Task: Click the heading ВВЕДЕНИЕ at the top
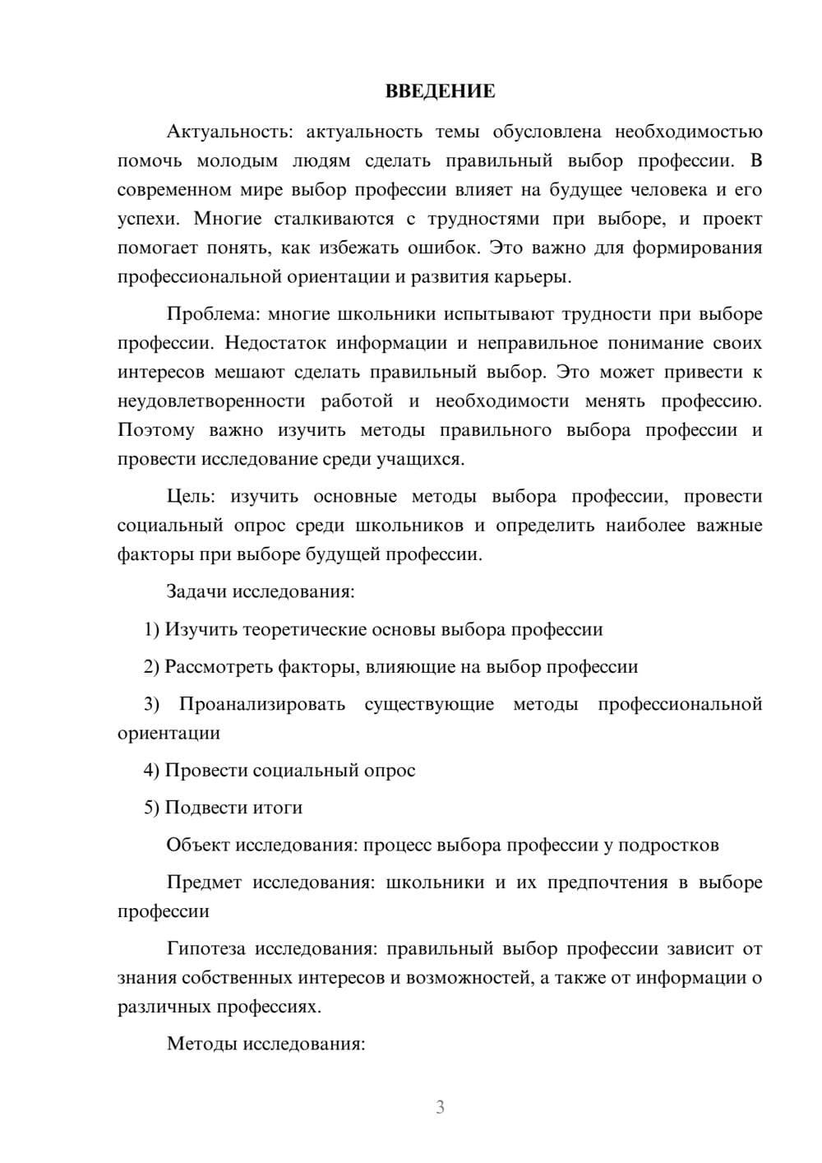click(440, 91)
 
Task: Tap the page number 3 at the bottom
click(440, 1107)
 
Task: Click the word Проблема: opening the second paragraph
click(213, 314)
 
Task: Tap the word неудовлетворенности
click(211, 401)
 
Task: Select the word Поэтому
click(156, 430)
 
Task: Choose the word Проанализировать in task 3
click(262, 704)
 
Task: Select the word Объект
click(198, 845)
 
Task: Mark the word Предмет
click(204, 883)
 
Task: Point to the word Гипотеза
click(205, 949)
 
